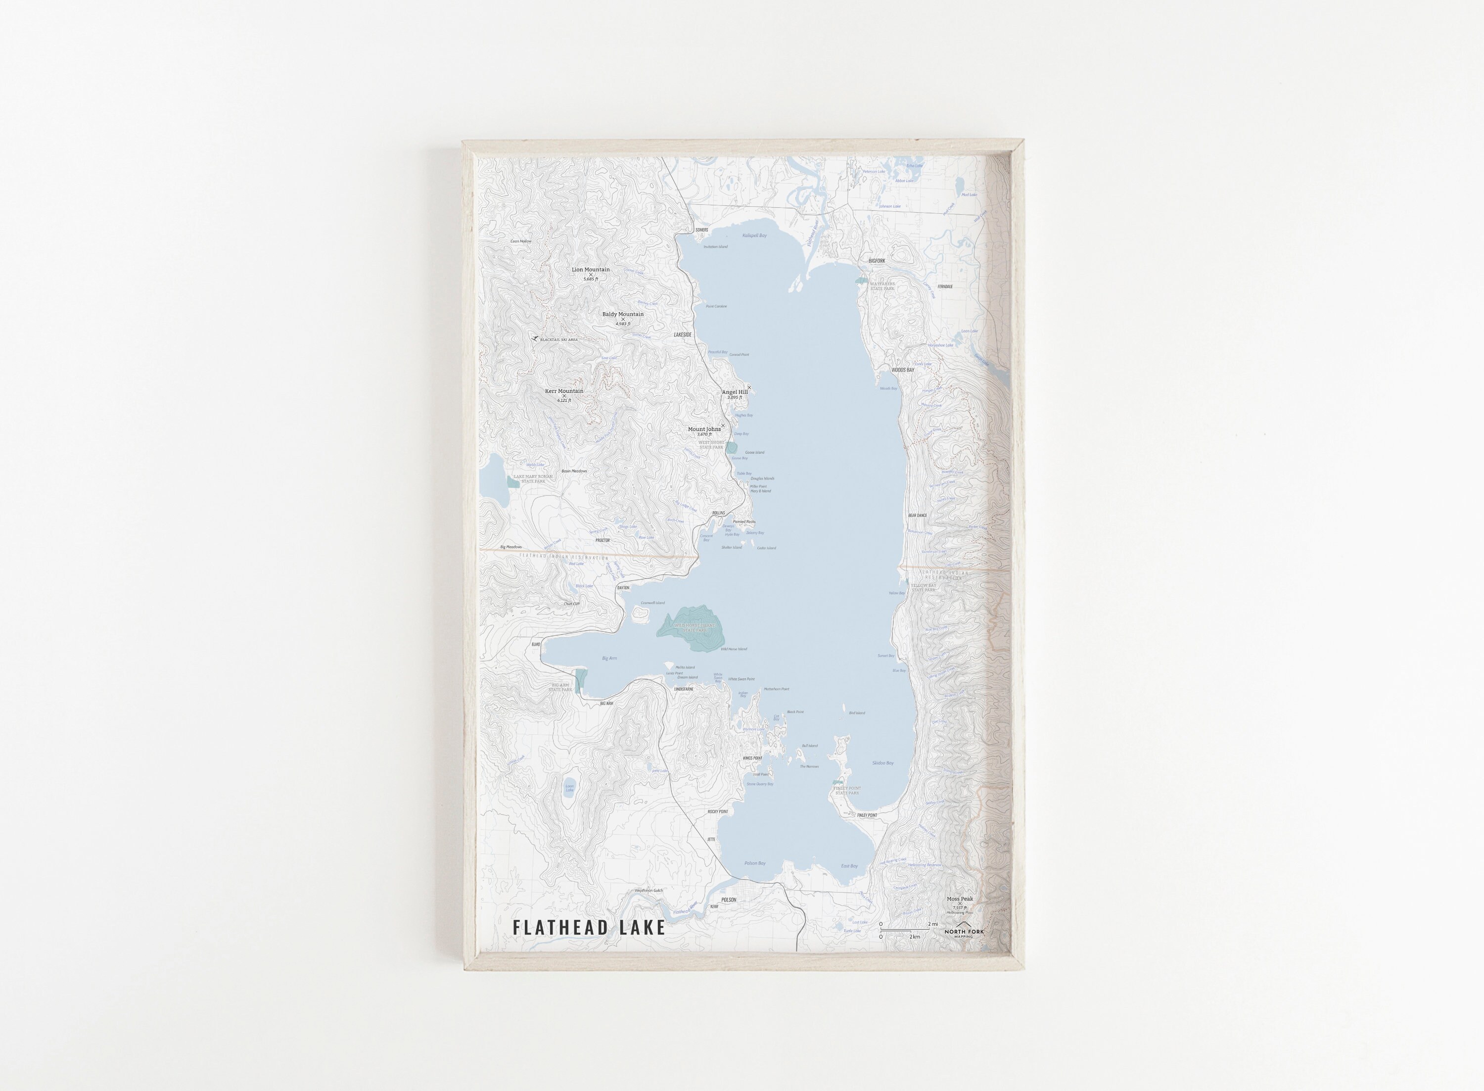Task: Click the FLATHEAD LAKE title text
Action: tap(589, 927)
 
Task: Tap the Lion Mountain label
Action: tap(590, 270)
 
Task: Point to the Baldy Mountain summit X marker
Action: tap(622, 319)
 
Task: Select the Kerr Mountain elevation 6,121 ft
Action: tap(564, 400)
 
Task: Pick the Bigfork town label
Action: tap(876, 261)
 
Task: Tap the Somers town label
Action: tap(701, 230)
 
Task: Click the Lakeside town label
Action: tap(683, 335)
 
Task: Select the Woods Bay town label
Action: tap(902, 370)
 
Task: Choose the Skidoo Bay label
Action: tap(882, 763)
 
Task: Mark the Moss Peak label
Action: tap(960, 899)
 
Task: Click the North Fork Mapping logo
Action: tap(964, 931)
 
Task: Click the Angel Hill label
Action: tap(734, 392)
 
